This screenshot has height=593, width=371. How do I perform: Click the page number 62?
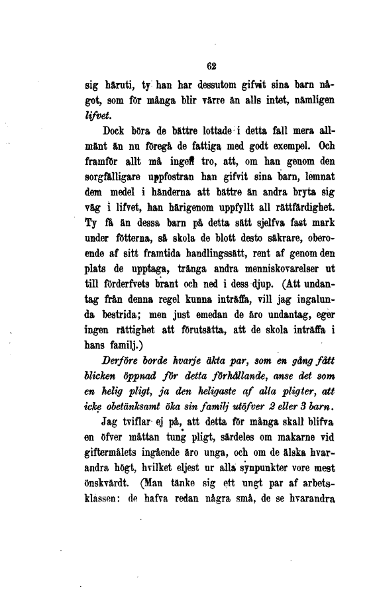[x=213, y=66]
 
